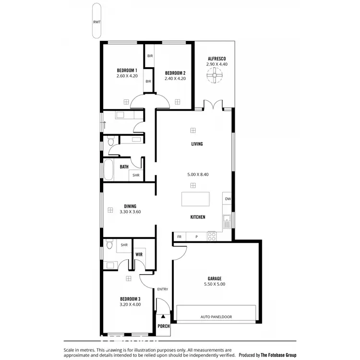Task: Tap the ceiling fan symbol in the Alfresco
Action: pyautogui.click(x=214, y=75)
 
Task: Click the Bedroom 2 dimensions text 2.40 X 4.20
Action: pyautogui.click(x=175, y=78)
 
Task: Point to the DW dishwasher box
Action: pyautogui.click(x=228, y=199)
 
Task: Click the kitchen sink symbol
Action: pyautogui.click(x=227, y=221)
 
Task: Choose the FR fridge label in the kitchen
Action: pyautogui.click(x=180, y=237)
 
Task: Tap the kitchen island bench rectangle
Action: pyautogui.click(x=196, y=199)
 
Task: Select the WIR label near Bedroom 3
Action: pyautogui.click(x=139, y=254)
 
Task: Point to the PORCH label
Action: pyautogui.click(x=164, y=326)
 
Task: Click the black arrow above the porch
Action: pyautogui.click(x=163, y=316)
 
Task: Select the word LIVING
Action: pyautogui.click(x=197, y=144)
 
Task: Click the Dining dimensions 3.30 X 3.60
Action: pyautogui.click(x=130, y=212)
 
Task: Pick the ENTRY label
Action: pyautogui.click(x=163, y=289)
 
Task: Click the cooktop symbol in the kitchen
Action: pyautogui.click(x=211, y=236)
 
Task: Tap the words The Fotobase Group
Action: pyautogui.click(x=278, y=355)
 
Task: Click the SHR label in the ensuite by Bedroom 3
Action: pyautogui.click(x=124, y=245)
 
